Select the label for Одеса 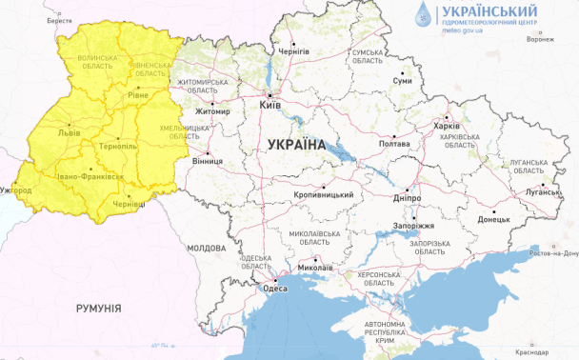[x=275, y=289]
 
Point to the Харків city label [x=446, y=126]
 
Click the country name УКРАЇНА [x=296, y=145]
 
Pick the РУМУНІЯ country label [x=98, y=309]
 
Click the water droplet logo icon [x=422, y=14]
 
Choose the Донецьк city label [x=493, y=219]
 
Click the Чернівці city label [x=130, y=204]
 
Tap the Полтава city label [x=393, y=144]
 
